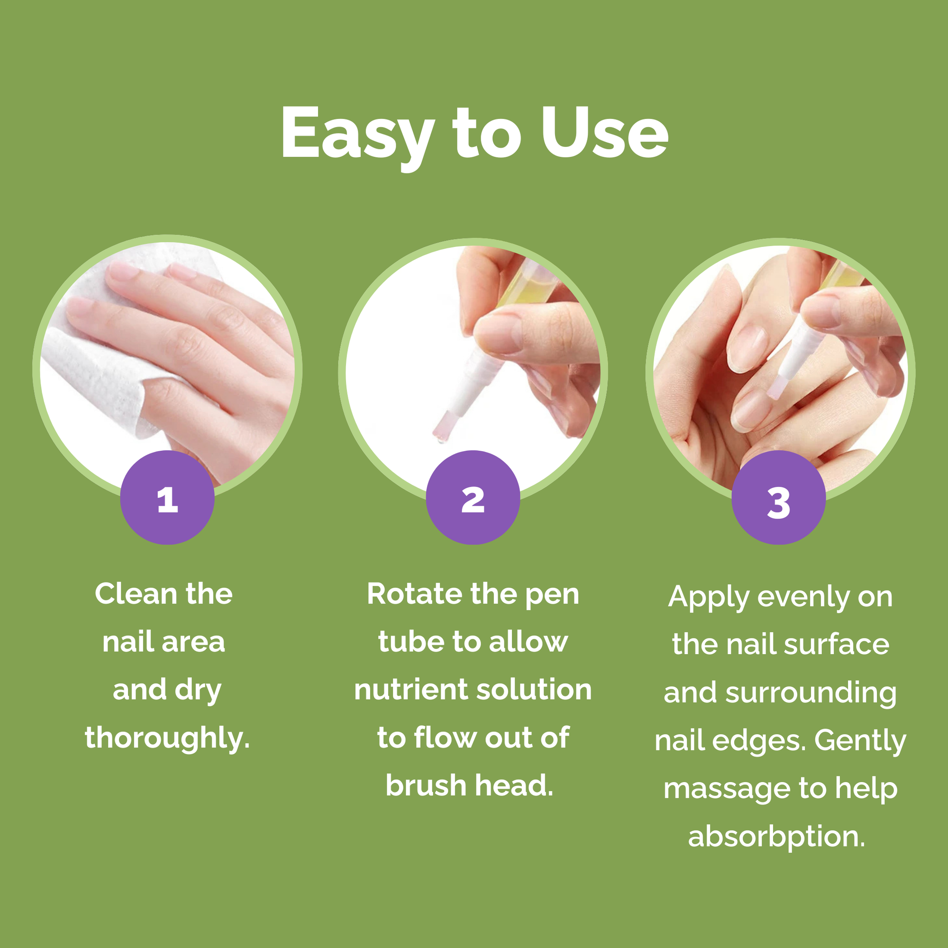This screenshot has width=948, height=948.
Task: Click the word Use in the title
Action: click(x=604, y=133)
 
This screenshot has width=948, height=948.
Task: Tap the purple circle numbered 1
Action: click(x=167, y=498)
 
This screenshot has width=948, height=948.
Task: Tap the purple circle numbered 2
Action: click(x=473, y=498)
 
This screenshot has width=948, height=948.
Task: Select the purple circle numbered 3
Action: click(x=779, y=498)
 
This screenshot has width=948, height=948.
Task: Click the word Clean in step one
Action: click(x=136, y=594)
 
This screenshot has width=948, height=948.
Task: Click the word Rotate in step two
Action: click(x=414, y=594)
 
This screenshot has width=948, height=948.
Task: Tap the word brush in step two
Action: click(x=426, y=785)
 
